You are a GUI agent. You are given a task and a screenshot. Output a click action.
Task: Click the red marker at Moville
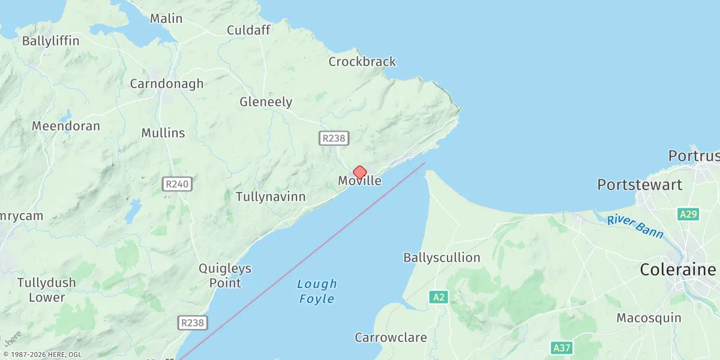[x=359, y=173]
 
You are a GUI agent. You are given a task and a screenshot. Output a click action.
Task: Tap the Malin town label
[x=166, y=19]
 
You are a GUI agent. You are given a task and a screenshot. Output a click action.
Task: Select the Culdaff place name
[x=248, y=30]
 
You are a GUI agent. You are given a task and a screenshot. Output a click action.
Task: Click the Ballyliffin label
[x=50, y=41]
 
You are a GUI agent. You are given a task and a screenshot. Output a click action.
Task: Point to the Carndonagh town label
[x=167, y=84]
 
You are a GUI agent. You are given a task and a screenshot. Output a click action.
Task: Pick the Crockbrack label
[x=362, y=61]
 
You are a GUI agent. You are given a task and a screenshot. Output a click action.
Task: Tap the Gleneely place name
[x=266, y=102]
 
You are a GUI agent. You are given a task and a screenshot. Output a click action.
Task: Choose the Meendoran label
[x=66, y=127]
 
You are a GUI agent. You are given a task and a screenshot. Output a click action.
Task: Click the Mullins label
[x=163, y=133]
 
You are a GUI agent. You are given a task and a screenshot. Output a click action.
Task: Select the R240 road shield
[x=177, y=184]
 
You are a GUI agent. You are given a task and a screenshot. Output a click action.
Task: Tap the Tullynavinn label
[x=271, y=197]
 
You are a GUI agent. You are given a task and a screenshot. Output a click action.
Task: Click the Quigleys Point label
[x=225, y=275]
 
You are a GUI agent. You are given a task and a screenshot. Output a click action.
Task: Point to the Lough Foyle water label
[x=317, y=291]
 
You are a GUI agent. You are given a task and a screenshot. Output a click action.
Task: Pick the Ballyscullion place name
[x=442, y=258]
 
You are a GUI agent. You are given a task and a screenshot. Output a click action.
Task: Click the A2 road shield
[x=439, y=297]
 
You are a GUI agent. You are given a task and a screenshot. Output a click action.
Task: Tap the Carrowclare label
[x=391, y=337]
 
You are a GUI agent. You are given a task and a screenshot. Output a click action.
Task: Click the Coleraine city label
[x=678, y=270]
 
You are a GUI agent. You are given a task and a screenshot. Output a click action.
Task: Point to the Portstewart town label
[x=640, y=185]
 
